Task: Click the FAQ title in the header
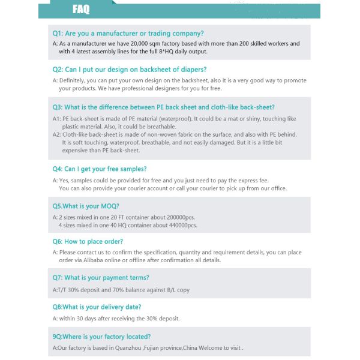[x=81, y=9]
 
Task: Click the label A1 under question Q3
[x=56, y=119]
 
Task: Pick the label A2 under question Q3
[x=56, y=135]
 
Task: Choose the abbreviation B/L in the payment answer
[x=167, y=290]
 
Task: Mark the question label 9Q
[x=58, y=337]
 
